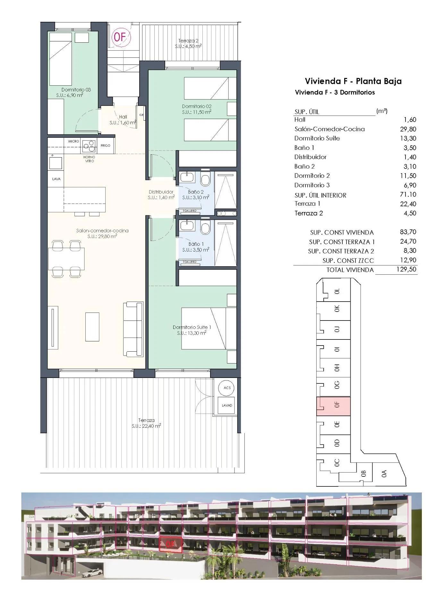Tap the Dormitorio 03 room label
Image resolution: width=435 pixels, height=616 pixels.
tap(76, 92)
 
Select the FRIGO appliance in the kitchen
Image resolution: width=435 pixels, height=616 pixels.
tap(105, 145)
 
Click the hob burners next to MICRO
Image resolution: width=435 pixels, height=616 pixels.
tap(89, 146)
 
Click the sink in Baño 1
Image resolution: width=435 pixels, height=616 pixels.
tap(185, 225)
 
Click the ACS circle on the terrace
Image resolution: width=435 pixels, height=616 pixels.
tap(227, 388)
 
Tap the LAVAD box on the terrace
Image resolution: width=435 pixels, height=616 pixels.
tap(227, 406)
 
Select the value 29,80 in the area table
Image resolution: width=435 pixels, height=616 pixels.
tap(408, 129)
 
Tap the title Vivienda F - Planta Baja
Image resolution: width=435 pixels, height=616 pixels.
tap(353, 81)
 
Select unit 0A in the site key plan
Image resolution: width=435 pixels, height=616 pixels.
tap(384, 473)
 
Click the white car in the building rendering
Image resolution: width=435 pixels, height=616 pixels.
tap(92, 572)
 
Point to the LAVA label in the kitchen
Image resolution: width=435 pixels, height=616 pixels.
tap(56, 179)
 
